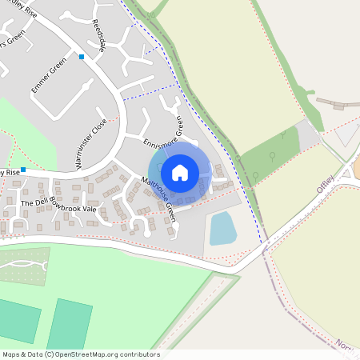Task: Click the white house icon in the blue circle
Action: (x=180, y=173)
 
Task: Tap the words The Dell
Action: (x=34, y=203)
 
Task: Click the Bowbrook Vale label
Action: (x=73, y=204)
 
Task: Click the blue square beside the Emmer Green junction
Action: (x=82, y=56)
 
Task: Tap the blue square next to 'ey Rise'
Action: (x=24, y=170)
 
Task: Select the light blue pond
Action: (x=222, y=228)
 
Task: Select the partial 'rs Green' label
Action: (x=11, y=39)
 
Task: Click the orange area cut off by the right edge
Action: (x=356, y=167)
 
